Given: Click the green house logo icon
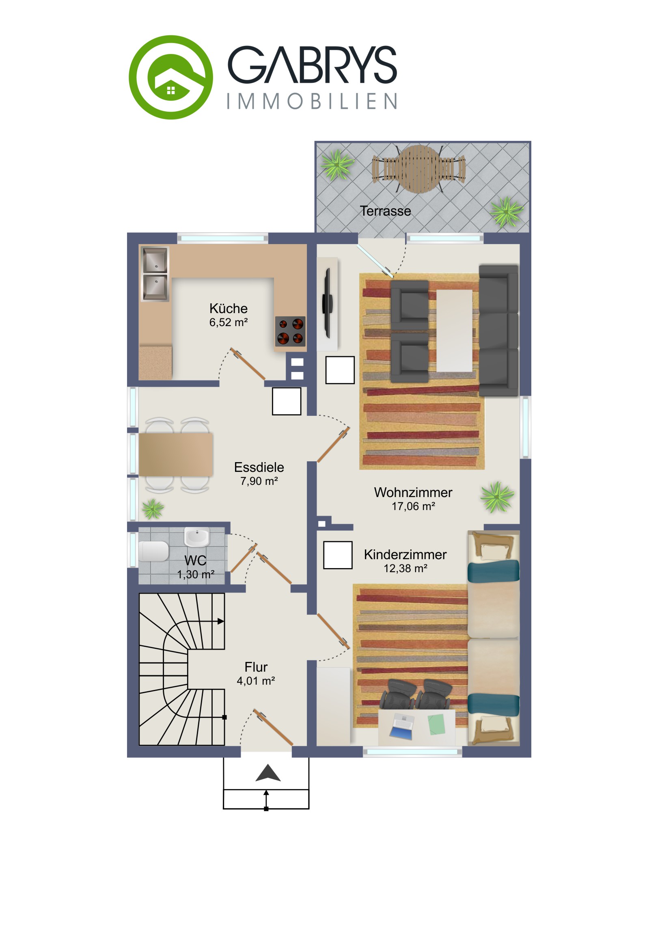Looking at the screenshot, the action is pos(171,77).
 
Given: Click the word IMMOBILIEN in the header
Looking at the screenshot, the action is pos(312,101).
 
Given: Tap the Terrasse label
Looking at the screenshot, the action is pos(385,211).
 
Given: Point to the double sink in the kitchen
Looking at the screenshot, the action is pos(155,274).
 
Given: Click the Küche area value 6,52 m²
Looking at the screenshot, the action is pos(229,322).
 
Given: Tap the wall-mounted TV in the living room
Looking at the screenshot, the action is pos(327,303).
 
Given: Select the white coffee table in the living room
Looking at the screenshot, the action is pos(455,330).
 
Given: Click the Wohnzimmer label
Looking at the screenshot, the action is pos(413,492).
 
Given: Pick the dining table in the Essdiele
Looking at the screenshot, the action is pos(176,454).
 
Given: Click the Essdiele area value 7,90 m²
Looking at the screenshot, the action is pos(259,481).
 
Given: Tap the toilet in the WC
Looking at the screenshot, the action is pos(154,551).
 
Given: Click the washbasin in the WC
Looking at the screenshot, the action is pos(197,537).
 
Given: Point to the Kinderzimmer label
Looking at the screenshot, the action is pos(405,554).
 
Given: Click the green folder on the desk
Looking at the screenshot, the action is pos(436,724).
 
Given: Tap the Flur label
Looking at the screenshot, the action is pos(256,667).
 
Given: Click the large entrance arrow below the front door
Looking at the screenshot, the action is pos(268,773).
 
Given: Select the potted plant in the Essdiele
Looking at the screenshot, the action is pos(153,508).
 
